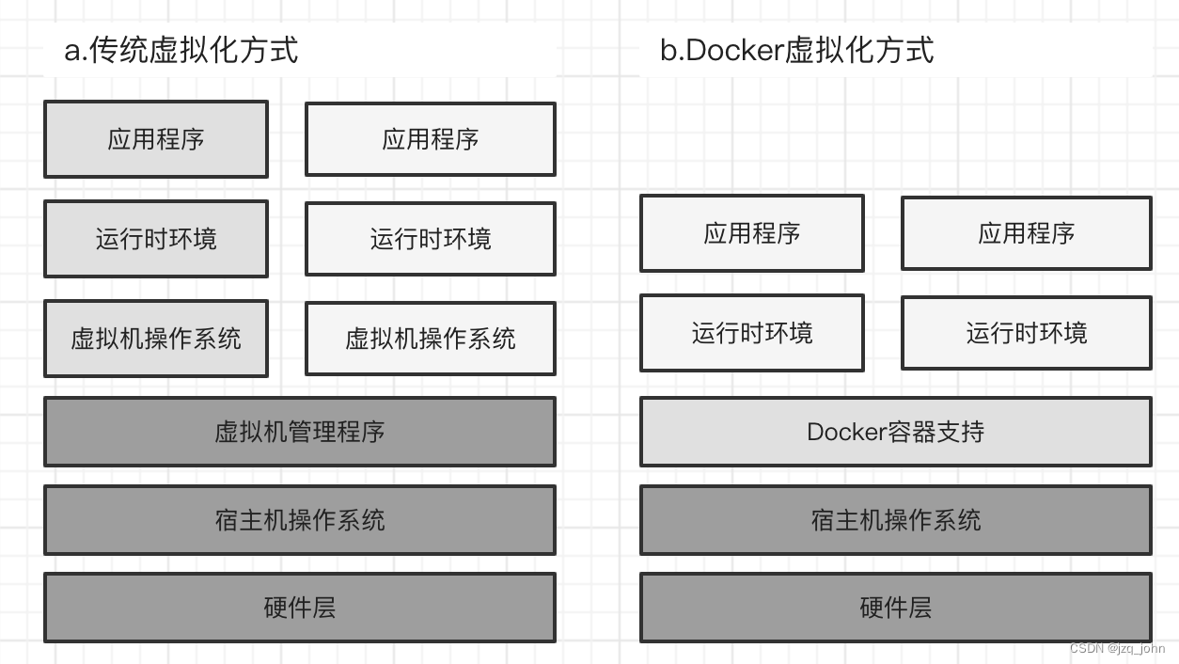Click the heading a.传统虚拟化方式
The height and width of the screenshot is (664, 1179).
click(181, 50)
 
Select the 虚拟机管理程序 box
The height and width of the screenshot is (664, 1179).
click(299, 432)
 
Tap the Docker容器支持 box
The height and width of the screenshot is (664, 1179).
click(895, 432)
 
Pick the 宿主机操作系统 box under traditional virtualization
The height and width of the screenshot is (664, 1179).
click(299, 520)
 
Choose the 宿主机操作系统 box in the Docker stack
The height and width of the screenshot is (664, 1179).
click(895, 520)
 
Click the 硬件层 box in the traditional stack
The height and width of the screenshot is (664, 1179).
click(299, 608)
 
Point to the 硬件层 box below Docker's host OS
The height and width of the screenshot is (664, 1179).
click(895, 608)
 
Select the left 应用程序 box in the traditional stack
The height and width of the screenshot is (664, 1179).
click(156, 139)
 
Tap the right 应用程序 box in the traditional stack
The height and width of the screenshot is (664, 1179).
click(431, 139)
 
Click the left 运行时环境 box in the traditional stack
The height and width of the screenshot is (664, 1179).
click(156, 239)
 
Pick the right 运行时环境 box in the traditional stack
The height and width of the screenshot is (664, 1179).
click(431, 239)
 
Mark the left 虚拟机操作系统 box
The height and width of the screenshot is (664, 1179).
click(156, 339)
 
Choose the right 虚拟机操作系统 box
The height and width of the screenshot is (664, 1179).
click(431, 339)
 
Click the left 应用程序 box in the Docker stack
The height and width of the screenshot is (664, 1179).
click(751, 233)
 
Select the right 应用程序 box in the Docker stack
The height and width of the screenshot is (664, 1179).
click(1026, 233)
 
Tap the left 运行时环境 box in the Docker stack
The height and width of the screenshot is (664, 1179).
click(751, 333)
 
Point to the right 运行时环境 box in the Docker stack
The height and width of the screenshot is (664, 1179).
click(1026, 333)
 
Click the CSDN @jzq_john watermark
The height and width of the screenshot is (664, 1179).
click(1117, 649)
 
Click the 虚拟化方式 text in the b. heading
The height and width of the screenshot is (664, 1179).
click(859, 50)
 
